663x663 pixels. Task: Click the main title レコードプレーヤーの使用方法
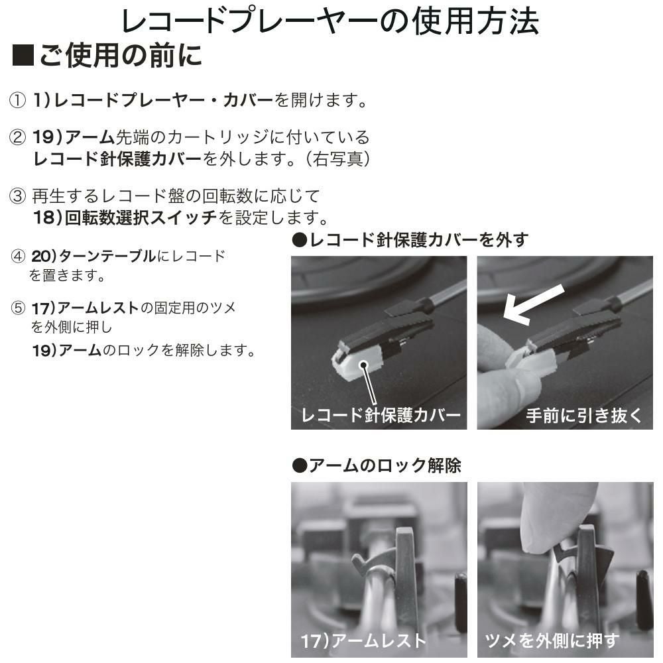pos(330,23)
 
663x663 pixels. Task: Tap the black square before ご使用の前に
pos(24,57)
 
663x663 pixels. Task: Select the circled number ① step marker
pos(17,101)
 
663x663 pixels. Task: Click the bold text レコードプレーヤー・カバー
pos(163,101)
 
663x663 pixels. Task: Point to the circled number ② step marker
pos(17,138)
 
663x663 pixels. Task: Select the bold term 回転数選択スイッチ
pos(141,217)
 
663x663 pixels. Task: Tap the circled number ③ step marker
pos(17,196)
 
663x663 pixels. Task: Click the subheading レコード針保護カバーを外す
pos(410,240)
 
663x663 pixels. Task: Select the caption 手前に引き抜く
pos(583,416)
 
